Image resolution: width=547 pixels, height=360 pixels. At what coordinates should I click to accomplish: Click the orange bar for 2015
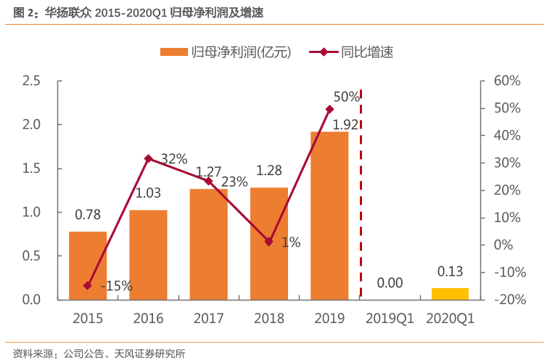click(x=88, y=265)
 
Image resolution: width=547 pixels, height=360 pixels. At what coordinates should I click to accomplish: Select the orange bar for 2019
click(x=329, y=215)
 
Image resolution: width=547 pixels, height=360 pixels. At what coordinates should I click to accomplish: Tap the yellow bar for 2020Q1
click(x=450, y=293)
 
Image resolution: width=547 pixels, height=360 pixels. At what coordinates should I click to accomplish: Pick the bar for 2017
click(x=209, y=244)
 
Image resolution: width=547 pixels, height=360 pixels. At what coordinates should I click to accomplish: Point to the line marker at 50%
click(x=329, y=109)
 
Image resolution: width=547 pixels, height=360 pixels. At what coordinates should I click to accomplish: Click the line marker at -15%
click(x=88, y=286)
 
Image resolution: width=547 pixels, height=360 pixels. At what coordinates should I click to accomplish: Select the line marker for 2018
click(x=269, y=242)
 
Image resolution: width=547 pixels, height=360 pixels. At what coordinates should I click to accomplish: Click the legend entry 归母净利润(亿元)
click(x=225, y=52)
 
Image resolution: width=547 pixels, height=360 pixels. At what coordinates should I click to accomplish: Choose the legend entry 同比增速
click(x=366, y=52)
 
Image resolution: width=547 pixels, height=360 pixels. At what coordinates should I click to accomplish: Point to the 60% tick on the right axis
click(x=507, y=81)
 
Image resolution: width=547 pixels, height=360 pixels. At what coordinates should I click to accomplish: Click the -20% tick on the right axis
click(x=506, y=299)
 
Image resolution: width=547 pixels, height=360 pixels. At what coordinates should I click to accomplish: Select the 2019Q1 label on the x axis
click(x=389, y=319)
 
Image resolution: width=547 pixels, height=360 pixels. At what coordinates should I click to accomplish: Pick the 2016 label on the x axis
click(x=148, y=319)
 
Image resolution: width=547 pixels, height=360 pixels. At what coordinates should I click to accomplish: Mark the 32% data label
click(x=174, y=159)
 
